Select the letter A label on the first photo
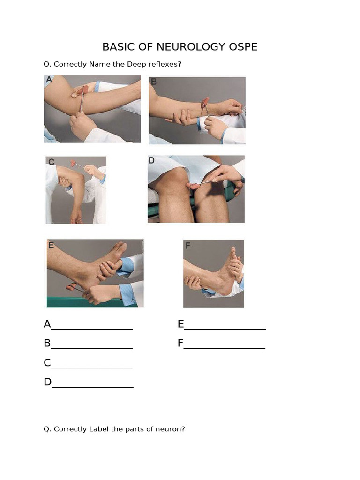49,80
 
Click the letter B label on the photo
153,82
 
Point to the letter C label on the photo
51,162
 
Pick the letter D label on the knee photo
151,161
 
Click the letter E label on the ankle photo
51,245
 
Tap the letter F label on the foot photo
187,245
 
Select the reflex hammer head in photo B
205,103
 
